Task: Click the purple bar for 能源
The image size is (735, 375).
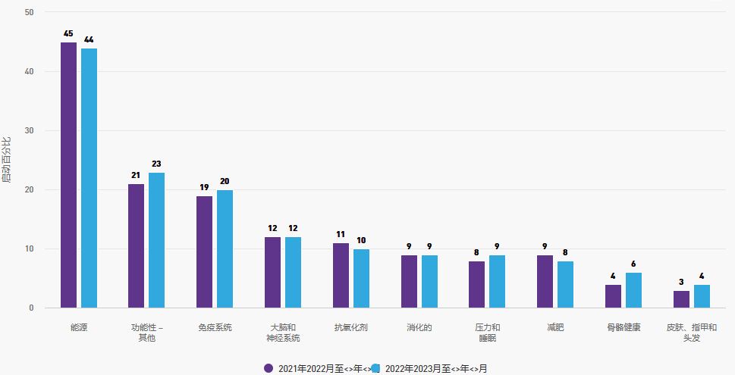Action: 68,175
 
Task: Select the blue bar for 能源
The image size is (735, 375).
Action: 89,178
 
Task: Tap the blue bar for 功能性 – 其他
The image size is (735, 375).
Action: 156,240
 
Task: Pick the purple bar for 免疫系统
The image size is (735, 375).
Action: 204,252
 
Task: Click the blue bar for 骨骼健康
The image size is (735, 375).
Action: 633,290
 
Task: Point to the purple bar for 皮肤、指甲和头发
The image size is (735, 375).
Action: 681,299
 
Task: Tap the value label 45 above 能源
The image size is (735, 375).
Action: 68,34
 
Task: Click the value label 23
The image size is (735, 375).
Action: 156,164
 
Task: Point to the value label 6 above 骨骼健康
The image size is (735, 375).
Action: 633,264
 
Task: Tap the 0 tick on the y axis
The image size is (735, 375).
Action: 31,308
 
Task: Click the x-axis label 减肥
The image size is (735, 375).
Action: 554,327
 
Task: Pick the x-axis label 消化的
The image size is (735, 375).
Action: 419,327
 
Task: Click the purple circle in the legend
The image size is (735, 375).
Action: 269,368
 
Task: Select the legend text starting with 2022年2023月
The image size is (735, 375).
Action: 435,368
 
